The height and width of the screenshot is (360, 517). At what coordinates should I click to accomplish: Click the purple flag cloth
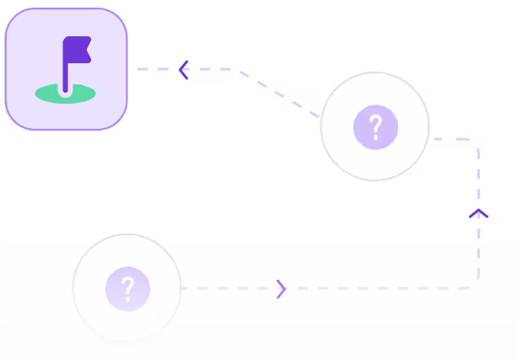point(77,50)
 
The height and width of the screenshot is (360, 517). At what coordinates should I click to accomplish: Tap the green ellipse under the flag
point(66,94)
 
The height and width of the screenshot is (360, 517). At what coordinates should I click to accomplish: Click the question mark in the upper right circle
point(375,127)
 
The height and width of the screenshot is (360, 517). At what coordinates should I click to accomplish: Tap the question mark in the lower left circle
point(127,288)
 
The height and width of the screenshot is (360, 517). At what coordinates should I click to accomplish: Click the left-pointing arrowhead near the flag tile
point(183,70)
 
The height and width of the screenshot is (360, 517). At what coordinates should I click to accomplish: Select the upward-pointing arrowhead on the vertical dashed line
point(478,212)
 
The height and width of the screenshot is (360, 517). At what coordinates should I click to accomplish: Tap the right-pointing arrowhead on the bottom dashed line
point(282,289)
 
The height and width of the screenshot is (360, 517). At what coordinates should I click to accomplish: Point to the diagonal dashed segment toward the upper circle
point(278,93)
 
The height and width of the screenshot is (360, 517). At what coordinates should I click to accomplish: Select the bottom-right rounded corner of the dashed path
point(475,285)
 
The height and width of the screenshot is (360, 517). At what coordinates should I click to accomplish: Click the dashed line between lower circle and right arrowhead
point(228,288)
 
